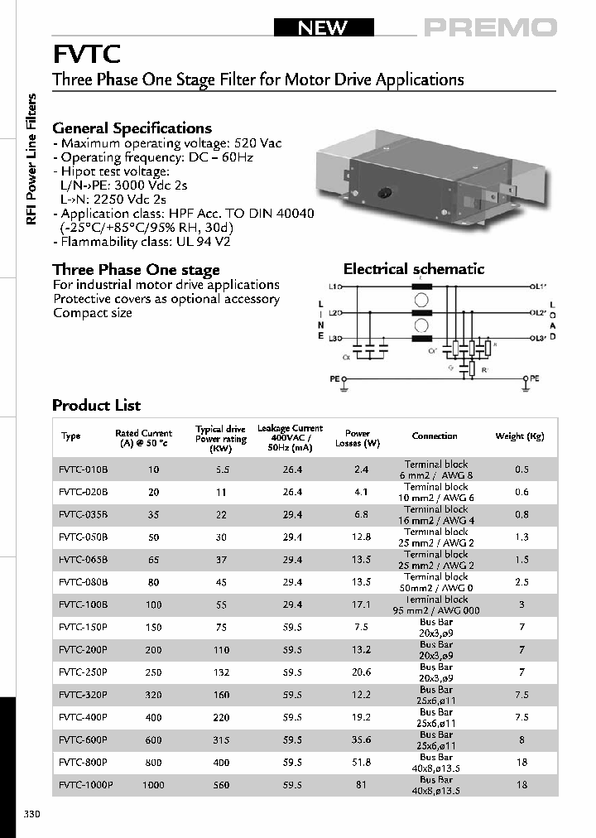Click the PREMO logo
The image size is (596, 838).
pyautogui.click(x=490, y=28)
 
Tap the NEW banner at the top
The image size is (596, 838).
pyautogui.click(x=323, y=28)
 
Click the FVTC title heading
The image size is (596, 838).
pyautogui.click(x=87, y=55)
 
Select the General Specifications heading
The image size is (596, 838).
pyautogui.click(x=132, y=128)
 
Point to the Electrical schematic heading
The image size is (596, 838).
pyautogui.click(x=414, y=269)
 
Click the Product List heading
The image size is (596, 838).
pyautogui.click(x=96, y=406)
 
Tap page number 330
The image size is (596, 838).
pyautogui.click(x=32, y=814)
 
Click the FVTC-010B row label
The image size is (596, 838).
pyautogui.click(x=83, y=470)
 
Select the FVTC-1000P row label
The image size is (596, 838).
pyautogui.click(x=85, y=784)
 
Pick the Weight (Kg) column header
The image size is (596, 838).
pyautogui.click(x=519, y=436)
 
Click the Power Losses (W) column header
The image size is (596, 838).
pyautogui.click(x=358, y=438)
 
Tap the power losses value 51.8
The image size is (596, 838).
pyautogui.click(x=360, y=762)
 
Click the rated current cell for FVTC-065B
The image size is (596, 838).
pyautogui.click(x=153, y=560)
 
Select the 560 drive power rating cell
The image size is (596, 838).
pyautogui.click(x=220, y=784)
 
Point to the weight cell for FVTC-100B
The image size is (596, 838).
pyautogui.click(x=521, y=605)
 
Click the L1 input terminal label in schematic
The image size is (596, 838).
pyautogui.click(x=334, y=287)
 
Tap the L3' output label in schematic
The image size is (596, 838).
pyautogui.click(x=539, y=339)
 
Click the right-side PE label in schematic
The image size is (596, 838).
pyautogui.click(x=535, y=378)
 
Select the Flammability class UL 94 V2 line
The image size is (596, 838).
pyautogui.click(x=142, y=243)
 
